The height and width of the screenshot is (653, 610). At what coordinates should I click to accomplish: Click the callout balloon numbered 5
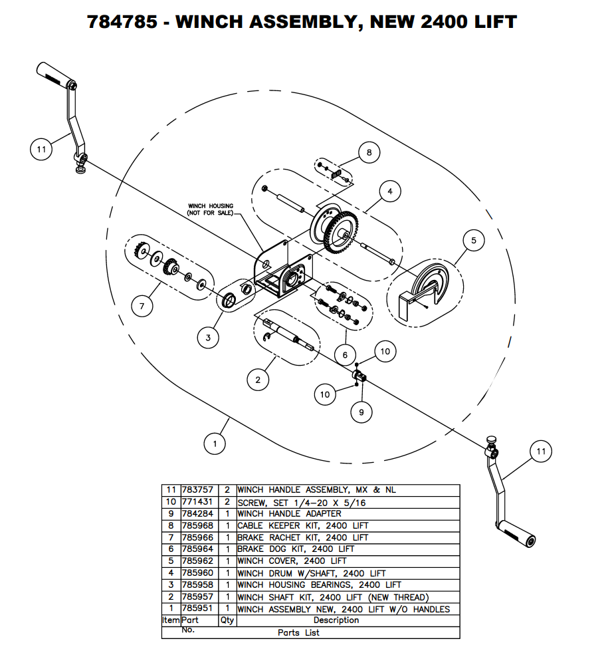474,241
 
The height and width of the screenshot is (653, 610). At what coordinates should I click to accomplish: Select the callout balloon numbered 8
369,153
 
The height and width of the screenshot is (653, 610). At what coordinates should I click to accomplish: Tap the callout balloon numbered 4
390,192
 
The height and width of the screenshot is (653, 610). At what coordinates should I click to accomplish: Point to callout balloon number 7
142,307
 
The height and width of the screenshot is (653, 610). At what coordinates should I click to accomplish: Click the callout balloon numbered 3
208,338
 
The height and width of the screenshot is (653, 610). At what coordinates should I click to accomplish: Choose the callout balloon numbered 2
258,380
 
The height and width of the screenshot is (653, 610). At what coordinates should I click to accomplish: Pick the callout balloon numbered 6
345,355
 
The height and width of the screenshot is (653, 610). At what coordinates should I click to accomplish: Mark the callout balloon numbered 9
361,412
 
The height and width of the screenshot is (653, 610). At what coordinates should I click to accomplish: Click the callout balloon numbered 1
215,443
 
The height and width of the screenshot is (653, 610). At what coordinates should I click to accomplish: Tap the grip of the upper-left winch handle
54,74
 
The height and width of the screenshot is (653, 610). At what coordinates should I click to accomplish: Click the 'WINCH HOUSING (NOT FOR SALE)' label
211,209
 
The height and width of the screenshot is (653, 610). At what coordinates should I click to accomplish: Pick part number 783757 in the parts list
197,489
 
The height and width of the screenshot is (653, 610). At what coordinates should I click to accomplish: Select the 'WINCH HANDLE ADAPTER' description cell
289,513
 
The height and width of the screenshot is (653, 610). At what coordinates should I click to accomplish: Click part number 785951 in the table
197,609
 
